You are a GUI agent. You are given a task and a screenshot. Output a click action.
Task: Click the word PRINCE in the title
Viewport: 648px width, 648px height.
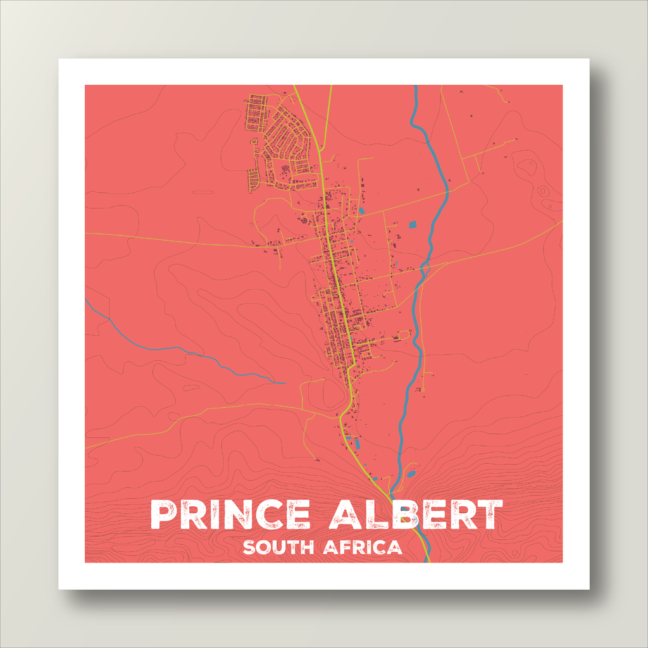[x=231, y=515]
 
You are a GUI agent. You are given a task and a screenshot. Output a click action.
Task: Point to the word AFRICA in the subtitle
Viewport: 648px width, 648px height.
[x=363, y=547]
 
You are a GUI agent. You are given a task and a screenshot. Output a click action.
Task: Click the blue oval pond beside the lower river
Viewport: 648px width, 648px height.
[x=411, y=473]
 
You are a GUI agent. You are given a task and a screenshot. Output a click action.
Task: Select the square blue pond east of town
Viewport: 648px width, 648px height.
[x=413, y=224]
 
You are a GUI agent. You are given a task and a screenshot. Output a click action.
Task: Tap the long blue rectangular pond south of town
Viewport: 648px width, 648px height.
[x=357, y=444]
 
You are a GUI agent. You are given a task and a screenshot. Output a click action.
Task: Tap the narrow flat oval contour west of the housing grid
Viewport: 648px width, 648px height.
[x=202, y=192]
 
